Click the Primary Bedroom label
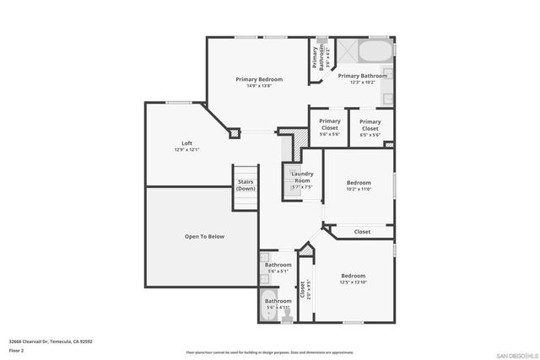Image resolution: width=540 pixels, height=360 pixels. pos(259,79)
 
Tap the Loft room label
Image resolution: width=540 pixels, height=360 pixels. pos(186,142)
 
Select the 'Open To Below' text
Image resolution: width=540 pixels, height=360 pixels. pos(204,236)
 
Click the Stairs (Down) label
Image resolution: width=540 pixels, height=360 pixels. pos(246,185)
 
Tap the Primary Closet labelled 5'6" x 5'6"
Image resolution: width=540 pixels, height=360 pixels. pos(329,124)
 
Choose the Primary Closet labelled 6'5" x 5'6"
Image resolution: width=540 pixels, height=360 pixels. pos(370,124)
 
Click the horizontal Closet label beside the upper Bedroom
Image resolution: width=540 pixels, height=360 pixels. pos(362,231)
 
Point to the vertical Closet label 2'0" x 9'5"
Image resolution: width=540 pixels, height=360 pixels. pos(301,291)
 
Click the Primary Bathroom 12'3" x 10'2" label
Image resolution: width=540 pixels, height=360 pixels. pos(363,76)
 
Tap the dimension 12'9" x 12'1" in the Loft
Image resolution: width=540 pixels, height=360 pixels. pos(186,149)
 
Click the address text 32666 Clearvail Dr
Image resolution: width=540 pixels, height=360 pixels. pos(51,341)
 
